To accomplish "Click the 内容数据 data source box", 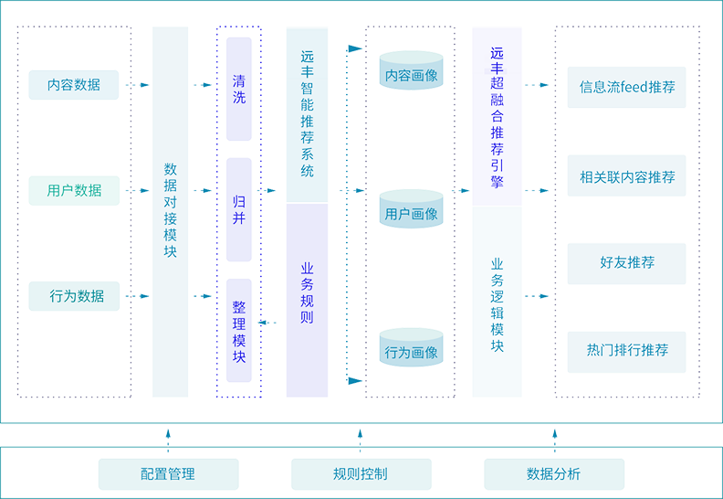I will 74,85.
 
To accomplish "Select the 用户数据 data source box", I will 74,191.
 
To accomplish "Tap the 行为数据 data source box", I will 77,296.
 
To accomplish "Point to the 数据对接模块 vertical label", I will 170,210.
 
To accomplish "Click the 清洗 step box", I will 238,89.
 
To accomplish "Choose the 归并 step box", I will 238,210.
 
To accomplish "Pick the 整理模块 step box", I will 238,331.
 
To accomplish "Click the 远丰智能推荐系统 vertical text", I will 307,114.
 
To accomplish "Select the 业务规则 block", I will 307,292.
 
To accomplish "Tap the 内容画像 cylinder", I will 411,76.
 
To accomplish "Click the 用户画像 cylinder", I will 411,214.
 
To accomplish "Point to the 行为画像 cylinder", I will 411,353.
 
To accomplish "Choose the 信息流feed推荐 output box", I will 627,88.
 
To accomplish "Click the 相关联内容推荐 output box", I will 627,177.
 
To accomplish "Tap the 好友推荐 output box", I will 627,262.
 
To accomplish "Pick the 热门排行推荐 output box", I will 627,350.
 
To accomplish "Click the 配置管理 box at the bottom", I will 167,474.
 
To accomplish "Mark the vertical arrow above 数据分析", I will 551,439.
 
